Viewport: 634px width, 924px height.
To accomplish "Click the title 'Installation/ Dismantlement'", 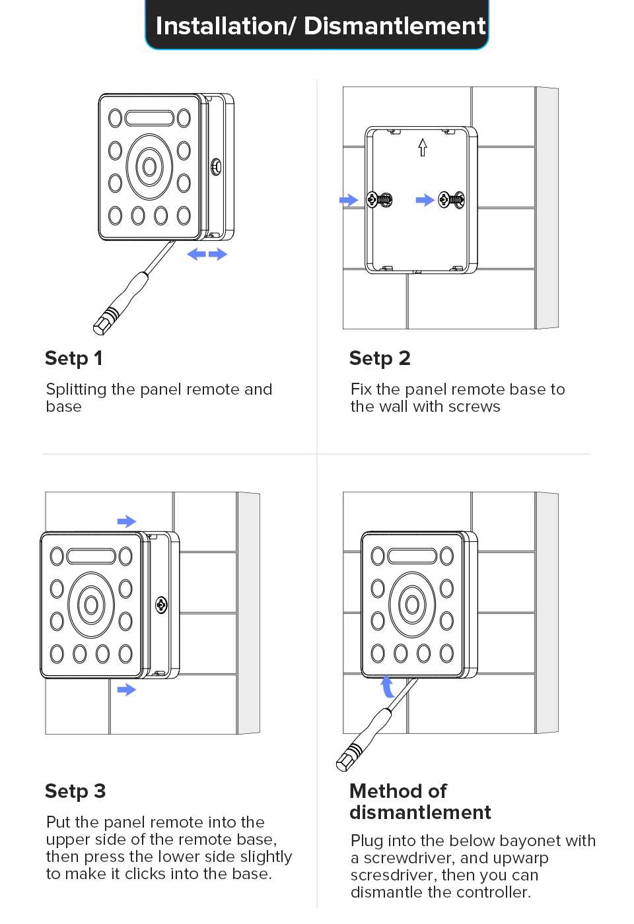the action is (x=321, y=26).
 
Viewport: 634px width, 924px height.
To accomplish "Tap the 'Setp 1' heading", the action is (x=73, y=358).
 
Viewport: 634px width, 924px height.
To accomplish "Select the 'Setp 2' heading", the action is (x=380, y=358).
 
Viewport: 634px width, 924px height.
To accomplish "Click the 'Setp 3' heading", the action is (x=75, y=791).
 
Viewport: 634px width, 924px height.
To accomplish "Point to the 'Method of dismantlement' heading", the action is (x=420, y=802).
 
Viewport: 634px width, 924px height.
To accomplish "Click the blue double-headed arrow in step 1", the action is (x=207, y=254).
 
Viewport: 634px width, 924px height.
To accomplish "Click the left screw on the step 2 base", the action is (x=380, y=200).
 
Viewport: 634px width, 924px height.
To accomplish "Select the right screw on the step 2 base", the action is (x=451, y=200).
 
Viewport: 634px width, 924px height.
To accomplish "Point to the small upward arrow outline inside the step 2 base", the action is (x=422, y=147).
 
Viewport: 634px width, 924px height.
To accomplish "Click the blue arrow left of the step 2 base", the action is (x=349, y=200).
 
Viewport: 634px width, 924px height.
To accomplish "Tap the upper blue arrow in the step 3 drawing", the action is (x=127, y=521).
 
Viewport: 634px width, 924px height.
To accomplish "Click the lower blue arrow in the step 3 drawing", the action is (x=127, y=689).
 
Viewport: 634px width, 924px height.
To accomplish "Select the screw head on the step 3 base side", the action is (x=161, y=605).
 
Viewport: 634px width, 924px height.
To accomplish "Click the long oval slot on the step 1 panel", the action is (x=149, y=118).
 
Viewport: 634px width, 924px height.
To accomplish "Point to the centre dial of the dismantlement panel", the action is (x=412, y=605).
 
